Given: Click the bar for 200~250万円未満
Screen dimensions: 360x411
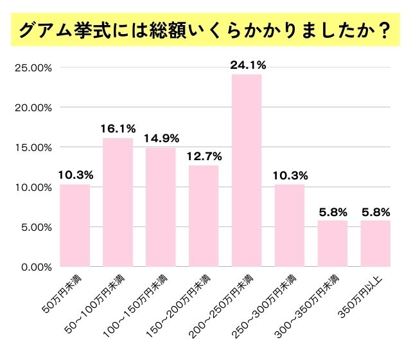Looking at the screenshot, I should pyautogui.click(x=247, y=170).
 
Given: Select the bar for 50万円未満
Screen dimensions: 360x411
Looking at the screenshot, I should pyautogui.click(x=74, y=225).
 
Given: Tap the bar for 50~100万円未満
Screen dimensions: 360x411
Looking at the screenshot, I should pyautogui.click(x=118, y=202).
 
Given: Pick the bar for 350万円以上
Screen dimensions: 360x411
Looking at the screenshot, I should pyautogui.click(x=376, y=243).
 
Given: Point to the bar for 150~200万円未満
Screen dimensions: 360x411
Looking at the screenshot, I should pyautogui.click(x=204, y=215).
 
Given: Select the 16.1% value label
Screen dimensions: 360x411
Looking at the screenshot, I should pyautogui.click(x=117, y=128).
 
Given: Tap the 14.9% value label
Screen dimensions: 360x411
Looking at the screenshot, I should pyautogui.click(x=161, y=138).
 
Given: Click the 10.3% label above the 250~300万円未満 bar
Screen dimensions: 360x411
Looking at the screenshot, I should pyautogui.click(x=290, y=174).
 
